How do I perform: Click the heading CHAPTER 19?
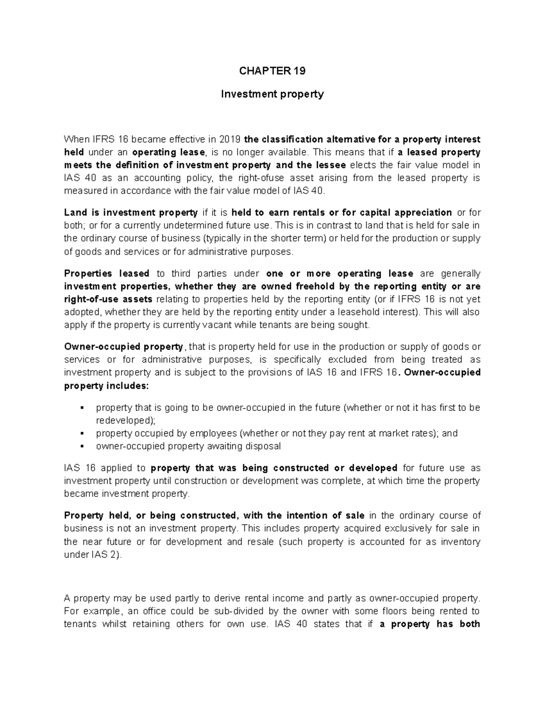272,71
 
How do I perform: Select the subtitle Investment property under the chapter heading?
272,94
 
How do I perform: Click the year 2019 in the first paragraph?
230,139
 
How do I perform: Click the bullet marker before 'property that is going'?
82,408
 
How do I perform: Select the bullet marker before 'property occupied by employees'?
82,433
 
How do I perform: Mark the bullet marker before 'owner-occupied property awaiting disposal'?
82,446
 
